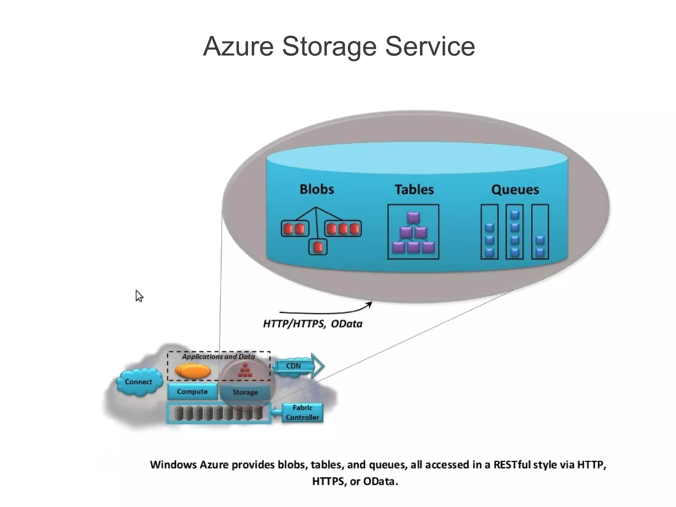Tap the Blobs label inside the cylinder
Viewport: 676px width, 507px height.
317,189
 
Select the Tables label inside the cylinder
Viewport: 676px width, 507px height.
414,190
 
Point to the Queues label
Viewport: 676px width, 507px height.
515,190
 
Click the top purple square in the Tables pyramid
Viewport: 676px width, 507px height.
413,218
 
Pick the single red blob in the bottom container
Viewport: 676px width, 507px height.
318,247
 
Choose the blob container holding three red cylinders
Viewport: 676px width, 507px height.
343,229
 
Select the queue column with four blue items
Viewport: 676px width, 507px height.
514,232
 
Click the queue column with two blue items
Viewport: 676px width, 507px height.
540,232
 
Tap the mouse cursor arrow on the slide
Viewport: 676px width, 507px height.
139,295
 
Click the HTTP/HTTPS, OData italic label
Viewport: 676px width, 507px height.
312,324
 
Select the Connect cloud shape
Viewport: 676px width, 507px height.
139,382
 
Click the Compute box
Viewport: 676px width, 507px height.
192,392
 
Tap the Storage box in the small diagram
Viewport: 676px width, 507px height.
245,392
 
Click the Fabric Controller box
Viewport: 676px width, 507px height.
302,413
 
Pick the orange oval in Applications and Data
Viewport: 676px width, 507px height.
193,371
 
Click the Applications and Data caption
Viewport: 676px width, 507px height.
218,357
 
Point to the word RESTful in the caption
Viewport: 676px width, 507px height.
512,465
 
